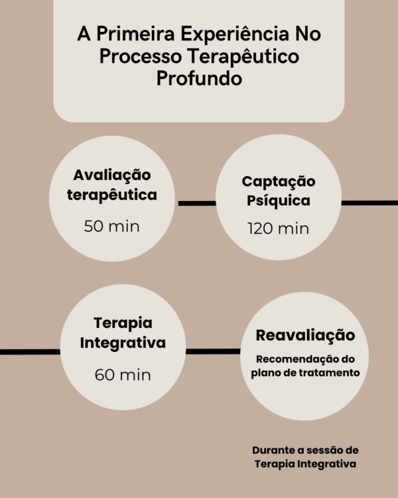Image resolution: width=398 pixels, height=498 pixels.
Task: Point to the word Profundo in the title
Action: (198, 78)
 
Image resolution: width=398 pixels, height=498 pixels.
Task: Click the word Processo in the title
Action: (137, 56)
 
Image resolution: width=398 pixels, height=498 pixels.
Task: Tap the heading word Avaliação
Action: (112, 175)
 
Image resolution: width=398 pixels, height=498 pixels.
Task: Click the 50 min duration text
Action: (112, 226)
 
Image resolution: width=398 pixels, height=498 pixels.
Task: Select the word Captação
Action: (278, 181)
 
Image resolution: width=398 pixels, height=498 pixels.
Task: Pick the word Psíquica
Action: (278, 200)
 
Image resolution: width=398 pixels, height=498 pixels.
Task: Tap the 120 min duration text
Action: (278, 229)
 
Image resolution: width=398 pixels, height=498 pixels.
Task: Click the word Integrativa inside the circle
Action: (123, 343)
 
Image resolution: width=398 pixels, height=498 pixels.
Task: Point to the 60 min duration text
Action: (123, 374)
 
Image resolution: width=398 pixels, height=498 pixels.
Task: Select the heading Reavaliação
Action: (305, 335)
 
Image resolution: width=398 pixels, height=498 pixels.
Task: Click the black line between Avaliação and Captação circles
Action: (196, 203)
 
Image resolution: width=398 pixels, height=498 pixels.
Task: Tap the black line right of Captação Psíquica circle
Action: (369, 203)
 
